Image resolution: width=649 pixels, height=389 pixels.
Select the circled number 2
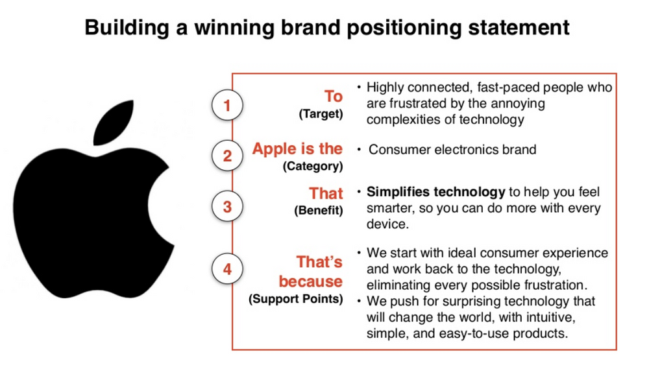[227, 156]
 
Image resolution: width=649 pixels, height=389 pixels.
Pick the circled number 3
[227, 207]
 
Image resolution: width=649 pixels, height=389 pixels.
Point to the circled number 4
[227, 269]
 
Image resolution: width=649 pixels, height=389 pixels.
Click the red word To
[334, 97]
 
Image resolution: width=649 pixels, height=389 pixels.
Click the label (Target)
[321, 115]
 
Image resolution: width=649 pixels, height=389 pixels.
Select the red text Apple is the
[297, 148]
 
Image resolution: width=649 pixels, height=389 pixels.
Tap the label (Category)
[313, 166]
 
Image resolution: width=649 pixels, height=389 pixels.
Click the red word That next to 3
[326, 193]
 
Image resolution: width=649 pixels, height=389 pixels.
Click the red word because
[311, 281]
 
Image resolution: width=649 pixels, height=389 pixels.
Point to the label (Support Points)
[295, 300]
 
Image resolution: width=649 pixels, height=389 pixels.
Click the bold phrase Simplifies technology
[435, 192]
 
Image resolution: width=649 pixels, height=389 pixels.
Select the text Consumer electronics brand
[452, 150]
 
